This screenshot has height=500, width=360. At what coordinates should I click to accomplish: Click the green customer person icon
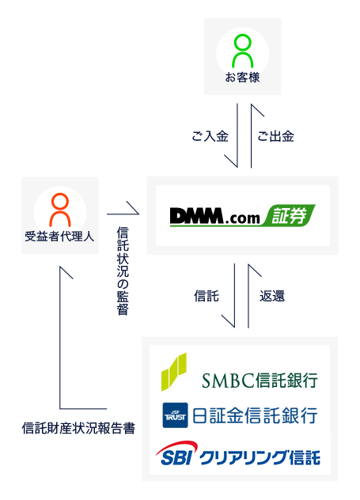click(x=243, y=51)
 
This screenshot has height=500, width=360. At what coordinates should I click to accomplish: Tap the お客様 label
click(x=242, y=78)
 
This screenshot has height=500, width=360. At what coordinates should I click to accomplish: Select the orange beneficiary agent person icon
click(x=60, y=210)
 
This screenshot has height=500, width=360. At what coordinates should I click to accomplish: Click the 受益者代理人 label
click(x=59, y=237)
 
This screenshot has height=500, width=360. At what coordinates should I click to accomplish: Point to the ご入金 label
click(x=210, y=136)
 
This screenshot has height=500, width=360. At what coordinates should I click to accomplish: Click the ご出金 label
click(x=275, y=136)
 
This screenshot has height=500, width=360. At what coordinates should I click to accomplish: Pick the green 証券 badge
click(x=290, y=215)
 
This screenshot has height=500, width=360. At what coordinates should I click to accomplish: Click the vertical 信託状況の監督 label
click(x=123, y=271)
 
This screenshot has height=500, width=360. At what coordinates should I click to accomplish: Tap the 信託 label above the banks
click(x=207, y=296)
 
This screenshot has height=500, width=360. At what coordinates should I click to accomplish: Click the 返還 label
click(x=272, y=296)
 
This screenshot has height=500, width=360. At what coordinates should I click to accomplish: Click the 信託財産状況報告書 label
click(x=78, y=428)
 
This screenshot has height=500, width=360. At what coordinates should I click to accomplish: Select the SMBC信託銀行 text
click(x=260, y=380)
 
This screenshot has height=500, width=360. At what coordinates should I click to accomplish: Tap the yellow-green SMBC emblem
click(x=174, y=372)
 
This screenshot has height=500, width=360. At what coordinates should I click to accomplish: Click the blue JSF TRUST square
click(x=175, y=415)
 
